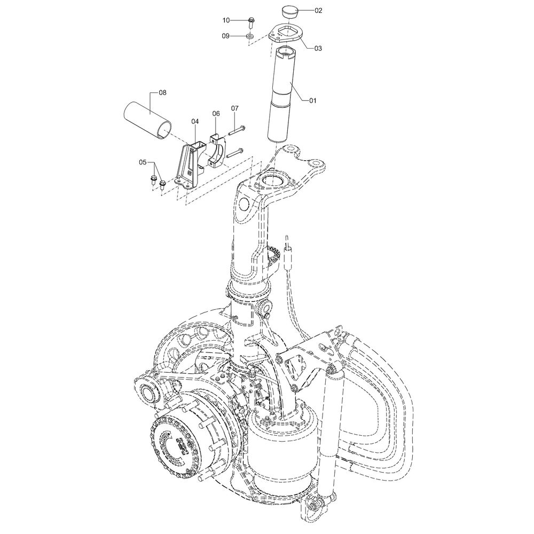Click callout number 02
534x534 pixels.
click(x=318, y=11)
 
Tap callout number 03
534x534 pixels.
click(x=317, y=49)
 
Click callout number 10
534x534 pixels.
click(x=226, y=20)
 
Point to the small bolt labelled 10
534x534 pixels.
click(x=250, y=22)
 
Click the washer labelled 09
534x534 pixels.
click(x=250, y=36)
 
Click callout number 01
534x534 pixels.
click(x=312, y=100)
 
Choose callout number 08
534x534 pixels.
click(x=162, y=92)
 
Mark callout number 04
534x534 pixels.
click(x=195, y=121)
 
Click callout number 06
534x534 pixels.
click(x=217, y=113)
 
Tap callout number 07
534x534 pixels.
click(x=235, y=108)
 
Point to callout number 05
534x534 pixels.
click(x=143, y=162)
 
